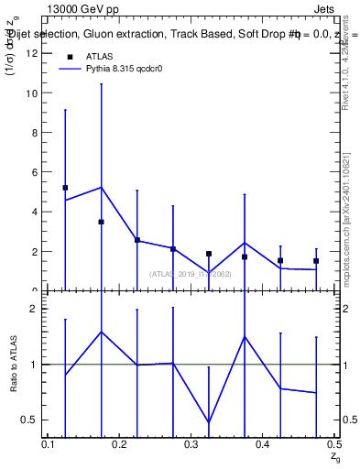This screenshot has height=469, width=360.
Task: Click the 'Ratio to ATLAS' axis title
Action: click(14, 365)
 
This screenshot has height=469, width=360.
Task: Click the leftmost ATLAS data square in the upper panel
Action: click(65, 188)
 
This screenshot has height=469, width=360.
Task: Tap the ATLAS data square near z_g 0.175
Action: click(101, 222)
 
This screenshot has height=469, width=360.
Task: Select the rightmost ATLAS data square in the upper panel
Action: click(316, 261)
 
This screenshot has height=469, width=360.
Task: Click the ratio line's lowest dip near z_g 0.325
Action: click(209, 422)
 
